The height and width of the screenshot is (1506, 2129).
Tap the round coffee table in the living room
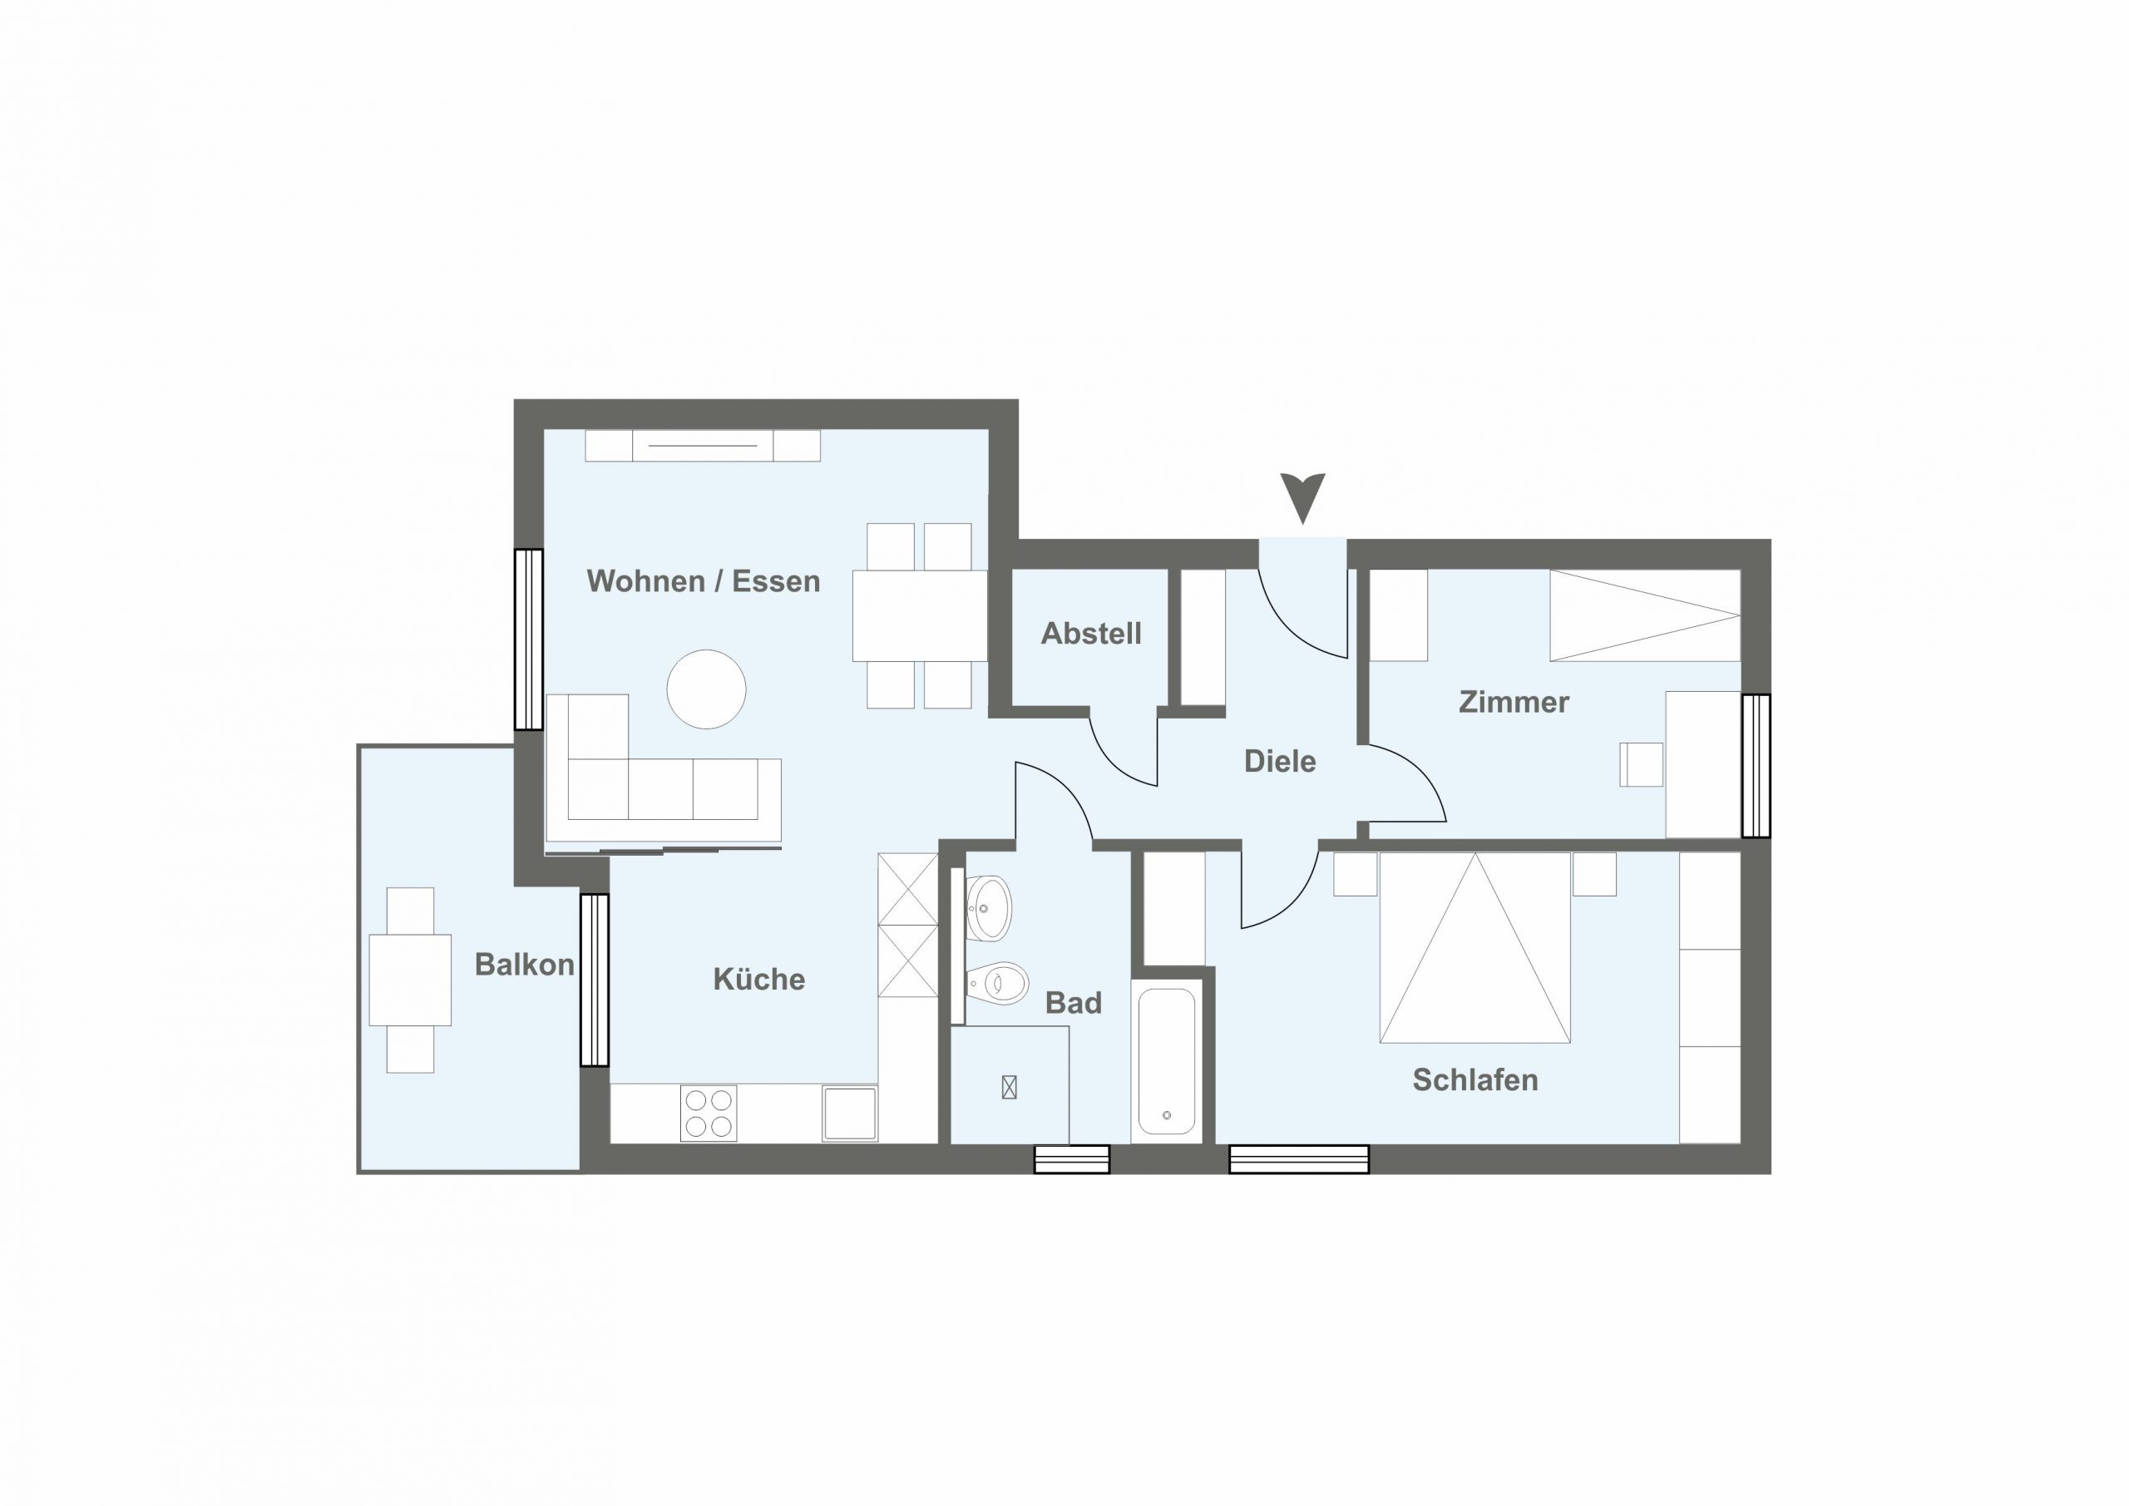coord(707,689)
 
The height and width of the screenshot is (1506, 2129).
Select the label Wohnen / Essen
coord(704,581)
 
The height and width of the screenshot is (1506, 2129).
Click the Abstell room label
coord(1090,634)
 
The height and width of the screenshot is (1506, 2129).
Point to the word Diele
coord(1280,762)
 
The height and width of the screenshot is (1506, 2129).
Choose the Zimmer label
coord(1514,702)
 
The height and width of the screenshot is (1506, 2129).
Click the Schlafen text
coord(1475,1079)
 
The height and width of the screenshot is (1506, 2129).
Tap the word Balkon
coord(525,965)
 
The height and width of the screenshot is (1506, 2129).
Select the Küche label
coord(759,980)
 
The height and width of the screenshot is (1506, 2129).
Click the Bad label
coord(1074,1004)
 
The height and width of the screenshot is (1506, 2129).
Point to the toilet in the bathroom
coord(998,982)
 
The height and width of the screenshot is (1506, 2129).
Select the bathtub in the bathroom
coord(1167,1062)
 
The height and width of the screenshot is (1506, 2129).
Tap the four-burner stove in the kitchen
coord(709,1113)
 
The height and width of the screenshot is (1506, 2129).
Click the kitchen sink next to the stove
coord(849,1113)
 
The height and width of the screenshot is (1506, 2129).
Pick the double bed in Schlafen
coord(1474,948)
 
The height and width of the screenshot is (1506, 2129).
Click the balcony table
coord(410,980)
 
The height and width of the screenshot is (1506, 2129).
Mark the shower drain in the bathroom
coord(1010,1087)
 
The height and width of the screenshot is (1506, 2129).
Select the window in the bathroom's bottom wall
coord(1072,1159)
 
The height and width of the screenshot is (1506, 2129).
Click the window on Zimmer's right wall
coord(1756,766)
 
